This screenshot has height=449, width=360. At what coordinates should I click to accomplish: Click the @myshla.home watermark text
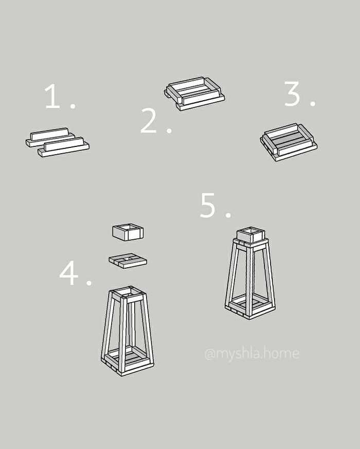252,353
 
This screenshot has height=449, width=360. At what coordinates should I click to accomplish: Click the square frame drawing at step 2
194,93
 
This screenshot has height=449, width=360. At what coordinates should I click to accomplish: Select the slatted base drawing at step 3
289,142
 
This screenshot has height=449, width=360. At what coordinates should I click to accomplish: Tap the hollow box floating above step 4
128,232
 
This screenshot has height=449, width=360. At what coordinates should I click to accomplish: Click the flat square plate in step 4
128,260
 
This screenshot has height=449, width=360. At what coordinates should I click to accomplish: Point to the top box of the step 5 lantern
250,235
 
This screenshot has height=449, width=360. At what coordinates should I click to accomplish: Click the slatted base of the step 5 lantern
250,309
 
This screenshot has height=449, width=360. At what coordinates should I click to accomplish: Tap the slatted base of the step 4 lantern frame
128,361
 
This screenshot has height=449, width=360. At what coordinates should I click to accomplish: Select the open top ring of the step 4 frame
128,294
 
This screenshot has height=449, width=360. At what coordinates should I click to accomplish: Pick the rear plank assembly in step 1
50,137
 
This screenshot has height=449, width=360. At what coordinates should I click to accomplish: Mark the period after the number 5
228,215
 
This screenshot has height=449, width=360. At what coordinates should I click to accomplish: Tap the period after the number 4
89,283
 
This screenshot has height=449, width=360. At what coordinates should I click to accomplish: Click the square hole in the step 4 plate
128,259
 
